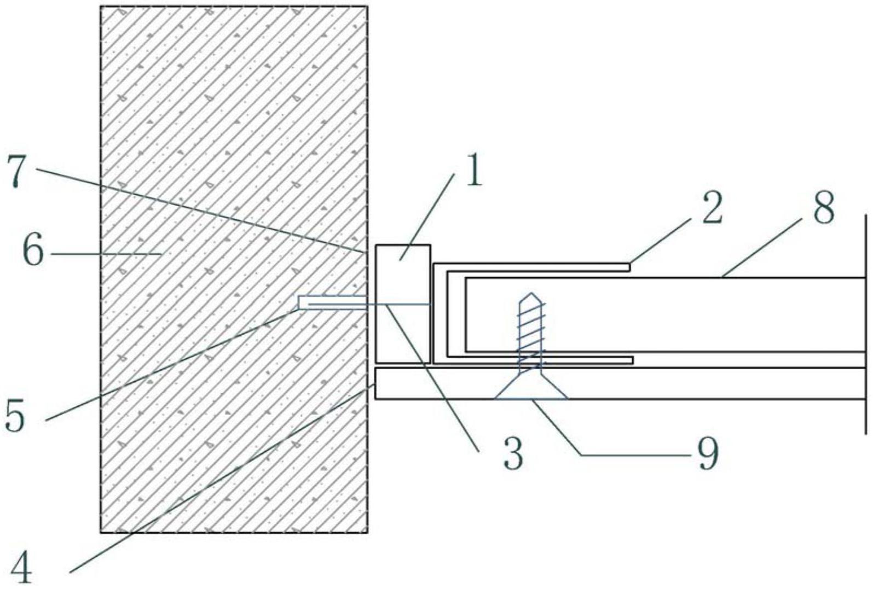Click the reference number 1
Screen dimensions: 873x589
[471, 171]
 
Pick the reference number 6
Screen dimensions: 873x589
[33, 252]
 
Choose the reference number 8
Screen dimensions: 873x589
[823, 207]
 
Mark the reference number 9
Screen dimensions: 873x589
[707, 453]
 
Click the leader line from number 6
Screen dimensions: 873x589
[104, 253]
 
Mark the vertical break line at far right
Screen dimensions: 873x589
[865, 323]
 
